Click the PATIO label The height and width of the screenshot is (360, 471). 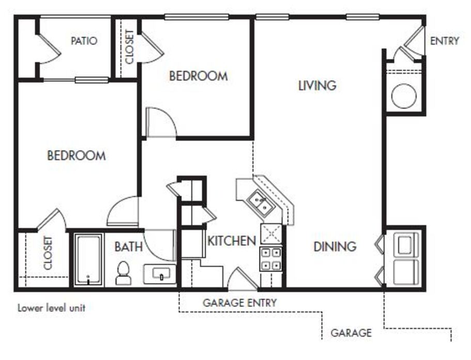point(84,41)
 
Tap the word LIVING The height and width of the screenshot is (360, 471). point(317,85)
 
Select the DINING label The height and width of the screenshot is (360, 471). point(335,246)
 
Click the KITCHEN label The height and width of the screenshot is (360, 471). point(232,240)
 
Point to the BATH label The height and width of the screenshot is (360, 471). point(128,246)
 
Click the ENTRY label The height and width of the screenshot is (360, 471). point(444,41)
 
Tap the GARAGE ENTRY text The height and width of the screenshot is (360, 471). point(239,303)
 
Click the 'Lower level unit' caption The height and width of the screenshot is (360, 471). point(51,308)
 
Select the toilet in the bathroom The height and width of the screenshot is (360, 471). point(123,273)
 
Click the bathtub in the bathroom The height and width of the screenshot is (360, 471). point(88,259)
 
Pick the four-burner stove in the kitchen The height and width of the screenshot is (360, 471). point(271,259)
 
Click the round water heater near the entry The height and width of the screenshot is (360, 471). point(404,96)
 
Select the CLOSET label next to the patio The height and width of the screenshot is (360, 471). point(129,46)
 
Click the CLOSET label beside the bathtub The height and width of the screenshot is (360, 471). point(48,253)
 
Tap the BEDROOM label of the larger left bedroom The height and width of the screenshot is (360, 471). point(77,155)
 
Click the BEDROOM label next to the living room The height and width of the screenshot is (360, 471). point(198,76)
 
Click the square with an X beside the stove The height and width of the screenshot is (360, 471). point(271,234)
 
